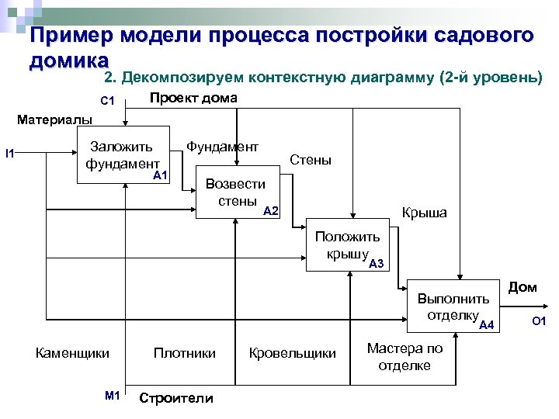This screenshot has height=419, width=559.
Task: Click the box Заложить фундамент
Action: (125, 154)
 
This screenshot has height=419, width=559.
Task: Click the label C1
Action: (108, 101)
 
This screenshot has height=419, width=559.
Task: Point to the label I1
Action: (9, 153)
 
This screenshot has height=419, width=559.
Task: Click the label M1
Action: (112, 396)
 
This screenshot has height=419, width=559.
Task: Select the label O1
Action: (540, 321)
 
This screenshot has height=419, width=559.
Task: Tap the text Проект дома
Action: (193, 99)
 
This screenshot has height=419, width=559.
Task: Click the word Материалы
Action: (54, 119)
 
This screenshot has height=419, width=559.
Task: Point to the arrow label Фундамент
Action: (223, 146)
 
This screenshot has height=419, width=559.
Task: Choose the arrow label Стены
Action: (310, 160)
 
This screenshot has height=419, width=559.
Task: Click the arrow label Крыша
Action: (424, 213)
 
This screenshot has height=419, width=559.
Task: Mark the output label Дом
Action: (522, 287)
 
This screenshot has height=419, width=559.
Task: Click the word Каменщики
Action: (72, 353)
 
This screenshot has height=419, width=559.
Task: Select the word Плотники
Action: (185, 353)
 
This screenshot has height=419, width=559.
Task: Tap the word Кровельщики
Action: (292, 353)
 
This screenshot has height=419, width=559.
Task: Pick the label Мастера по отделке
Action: (404, 357)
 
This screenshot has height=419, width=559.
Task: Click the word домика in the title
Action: (68, 60)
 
